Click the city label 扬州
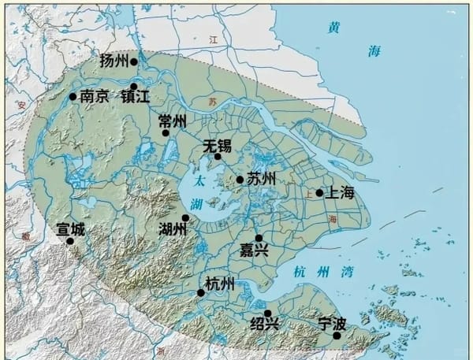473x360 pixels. (x=115, y=61)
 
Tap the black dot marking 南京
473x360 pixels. (x=73, y=97)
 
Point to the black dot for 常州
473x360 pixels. (x=166, y=132)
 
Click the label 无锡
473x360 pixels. (x=217, y=146)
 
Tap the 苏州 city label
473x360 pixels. (x=261, y=179)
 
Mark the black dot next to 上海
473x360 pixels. (x=319, y=193)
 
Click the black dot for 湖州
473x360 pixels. (x=185, y=218)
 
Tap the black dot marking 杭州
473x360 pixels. (x=201, y=293)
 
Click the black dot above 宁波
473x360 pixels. (x=337, y=336)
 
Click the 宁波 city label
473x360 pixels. (x=332, y=323)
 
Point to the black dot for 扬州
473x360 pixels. (x=134, y=61)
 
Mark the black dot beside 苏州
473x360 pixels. (x=240, y=180)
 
